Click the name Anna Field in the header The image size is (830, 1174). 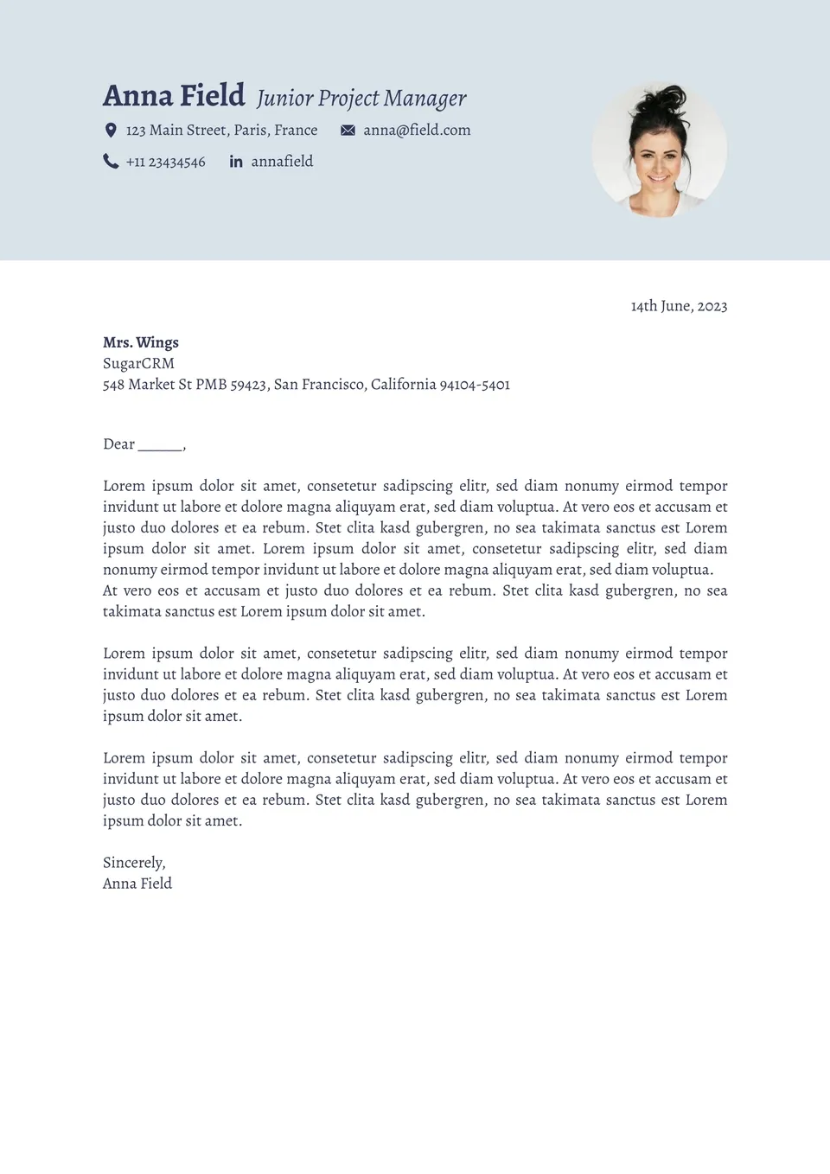(x=174, y=96)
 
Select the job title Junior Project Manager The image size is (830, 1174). (x=361, y=99)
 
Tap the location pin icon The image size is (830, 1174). (x=111, y=131)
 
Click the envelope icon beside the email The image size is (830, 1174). (x=348, y=131)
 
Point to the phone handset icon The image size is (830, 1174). (x=111, y=162)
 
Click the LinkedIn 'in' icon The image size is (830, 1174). (x=236, y=162)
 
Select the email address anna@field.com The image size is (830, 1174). (x=417, y=131)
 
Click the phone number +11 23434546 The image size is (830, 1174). (x=166, y=163)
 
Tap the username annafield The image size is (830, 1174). (x=282, y=162)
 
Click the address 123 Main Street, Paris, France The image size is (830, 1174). (x=221, y=131)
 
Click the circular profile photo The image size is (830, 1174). (x=659, y=150)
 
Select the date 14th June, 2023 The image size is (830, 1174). (x=679, y=306)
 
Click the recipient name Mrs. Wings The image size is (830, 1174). (x=141, y=342)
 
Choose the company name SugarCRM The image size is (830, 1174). (x=138, y=364)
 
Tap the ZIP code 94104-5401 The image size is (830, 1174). (x=475, y=385)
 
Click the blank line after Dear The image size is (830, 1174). (x=161, y=446)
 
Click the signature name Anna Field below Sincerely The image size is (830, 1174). (x=137, y=884)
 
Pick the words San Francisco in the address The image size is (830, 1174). (x=319, y=385)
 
